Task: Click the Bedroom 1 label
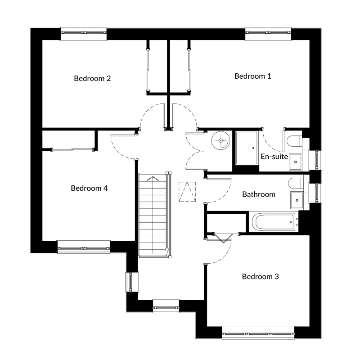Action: (x=252, y=76)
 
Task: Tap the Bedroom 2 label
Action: (x=92, y=78)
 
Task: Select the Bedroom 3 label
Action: (x=261, y=276)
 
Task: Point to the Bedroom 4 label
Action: (x=89, y=188)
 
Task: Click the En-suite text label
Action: (x=274, y=157)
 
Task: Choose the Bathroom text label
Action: (x=259, y=194)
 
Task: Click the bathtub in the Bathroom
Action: (x=274, y=222)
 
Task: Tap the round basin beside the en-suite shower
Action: (x=220, y=140)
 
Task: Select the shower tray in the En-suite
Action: (x=247, y=148)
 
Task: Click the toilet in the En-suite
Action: (x=294, y=141)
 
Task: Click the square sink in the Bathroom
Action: (x=297, y=200)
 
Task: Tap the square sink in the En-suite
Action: (x=296, y=162)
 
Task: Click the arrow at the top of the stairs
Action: (x=153, y=178)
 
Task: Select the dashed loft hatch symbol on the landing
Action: (x=187, y=192)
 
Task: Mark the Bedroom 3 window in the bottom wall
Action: (x=258, y=333)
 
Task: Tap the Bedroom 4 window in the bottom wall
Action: (x=84, y=247)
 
